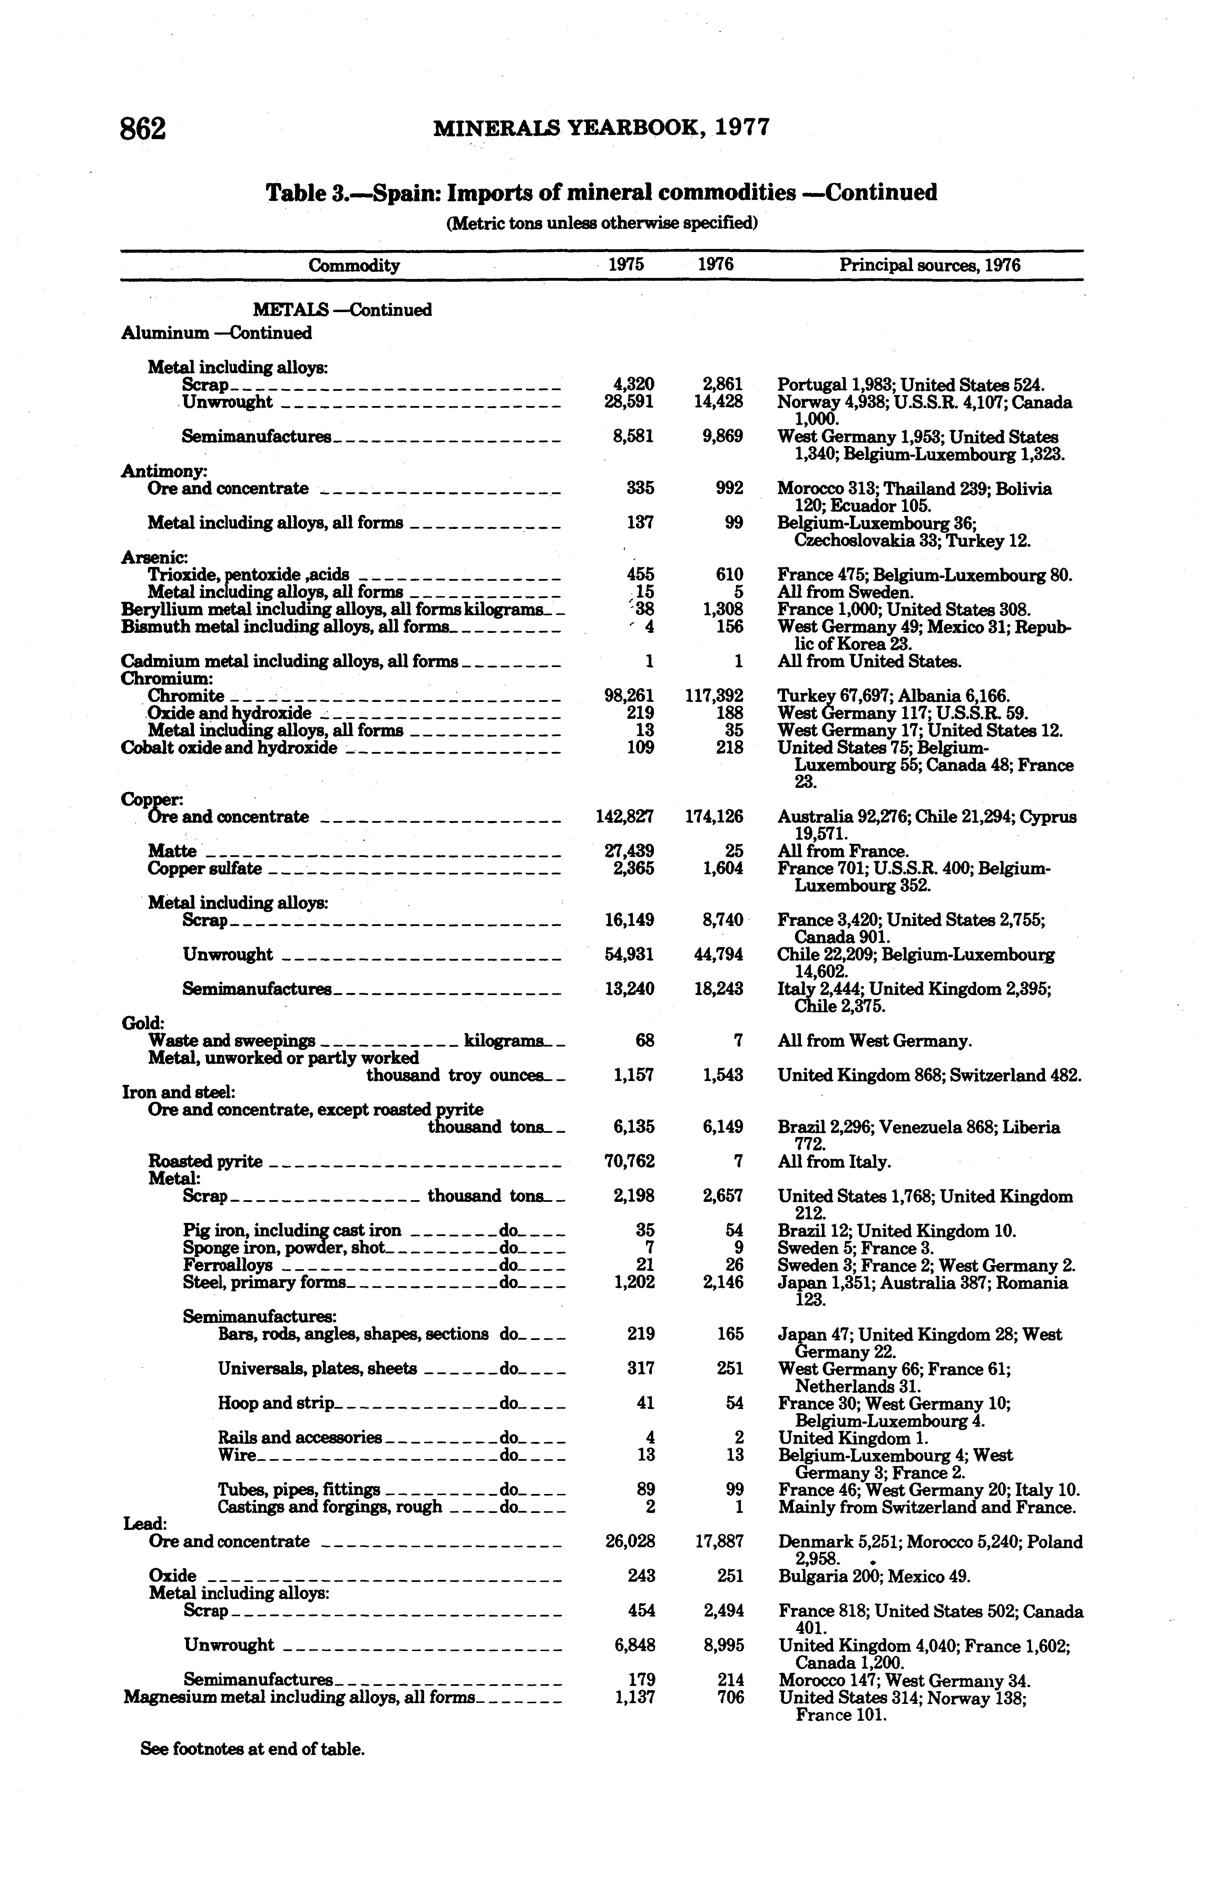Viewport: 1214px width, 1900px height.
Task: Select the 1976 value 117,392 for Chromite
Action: pyautogui.click(x=715, y=696)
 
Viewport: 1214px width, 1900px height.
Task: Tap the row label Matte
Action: pyautogui.click(x=172, y=851)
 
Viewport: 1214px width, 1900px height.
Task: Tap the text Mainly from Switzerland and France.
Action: pyautogui.click(x=927, y=1507)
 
